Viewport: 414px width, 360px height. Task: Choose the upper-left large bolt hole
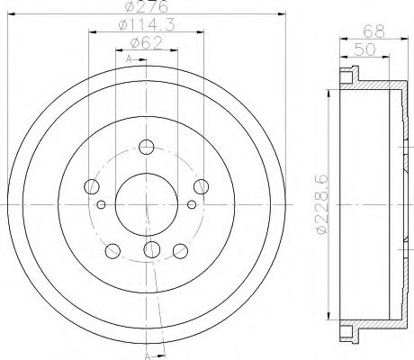(x=91, y=186)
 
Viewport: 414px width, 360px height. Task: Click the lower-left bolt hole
(x=112, y=249)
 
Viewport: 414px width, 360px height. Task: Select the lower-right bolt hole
(x=181, y=249)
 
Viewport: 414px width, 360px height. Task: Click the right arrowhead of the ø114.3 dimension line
(x=202, y=34)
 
